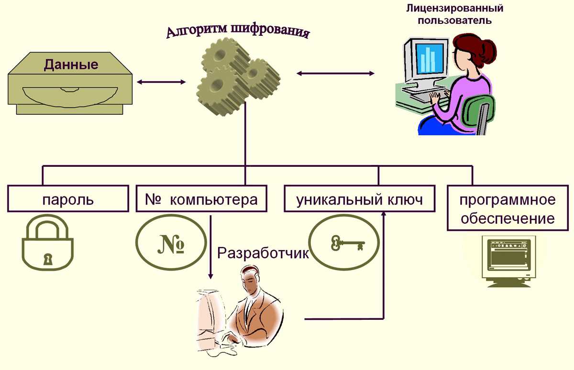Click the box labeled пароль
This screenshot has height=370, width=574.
pos(68,199)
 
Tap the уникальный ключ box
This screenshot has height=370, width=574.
pos(360,199)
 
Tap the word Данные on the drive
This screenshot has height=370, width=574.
pos(71,65)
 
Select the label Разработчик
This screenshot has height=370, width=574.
pos(263,253)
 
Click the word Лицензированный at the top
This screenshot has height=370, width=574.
pos(454,8)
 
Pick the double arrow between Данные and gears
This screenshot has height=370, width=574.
pos(161,82)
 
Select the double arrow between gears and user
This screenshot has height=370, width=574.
pos(335,73)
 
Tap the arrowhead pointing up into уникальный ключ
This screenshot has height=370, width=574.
pos(384,213)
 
